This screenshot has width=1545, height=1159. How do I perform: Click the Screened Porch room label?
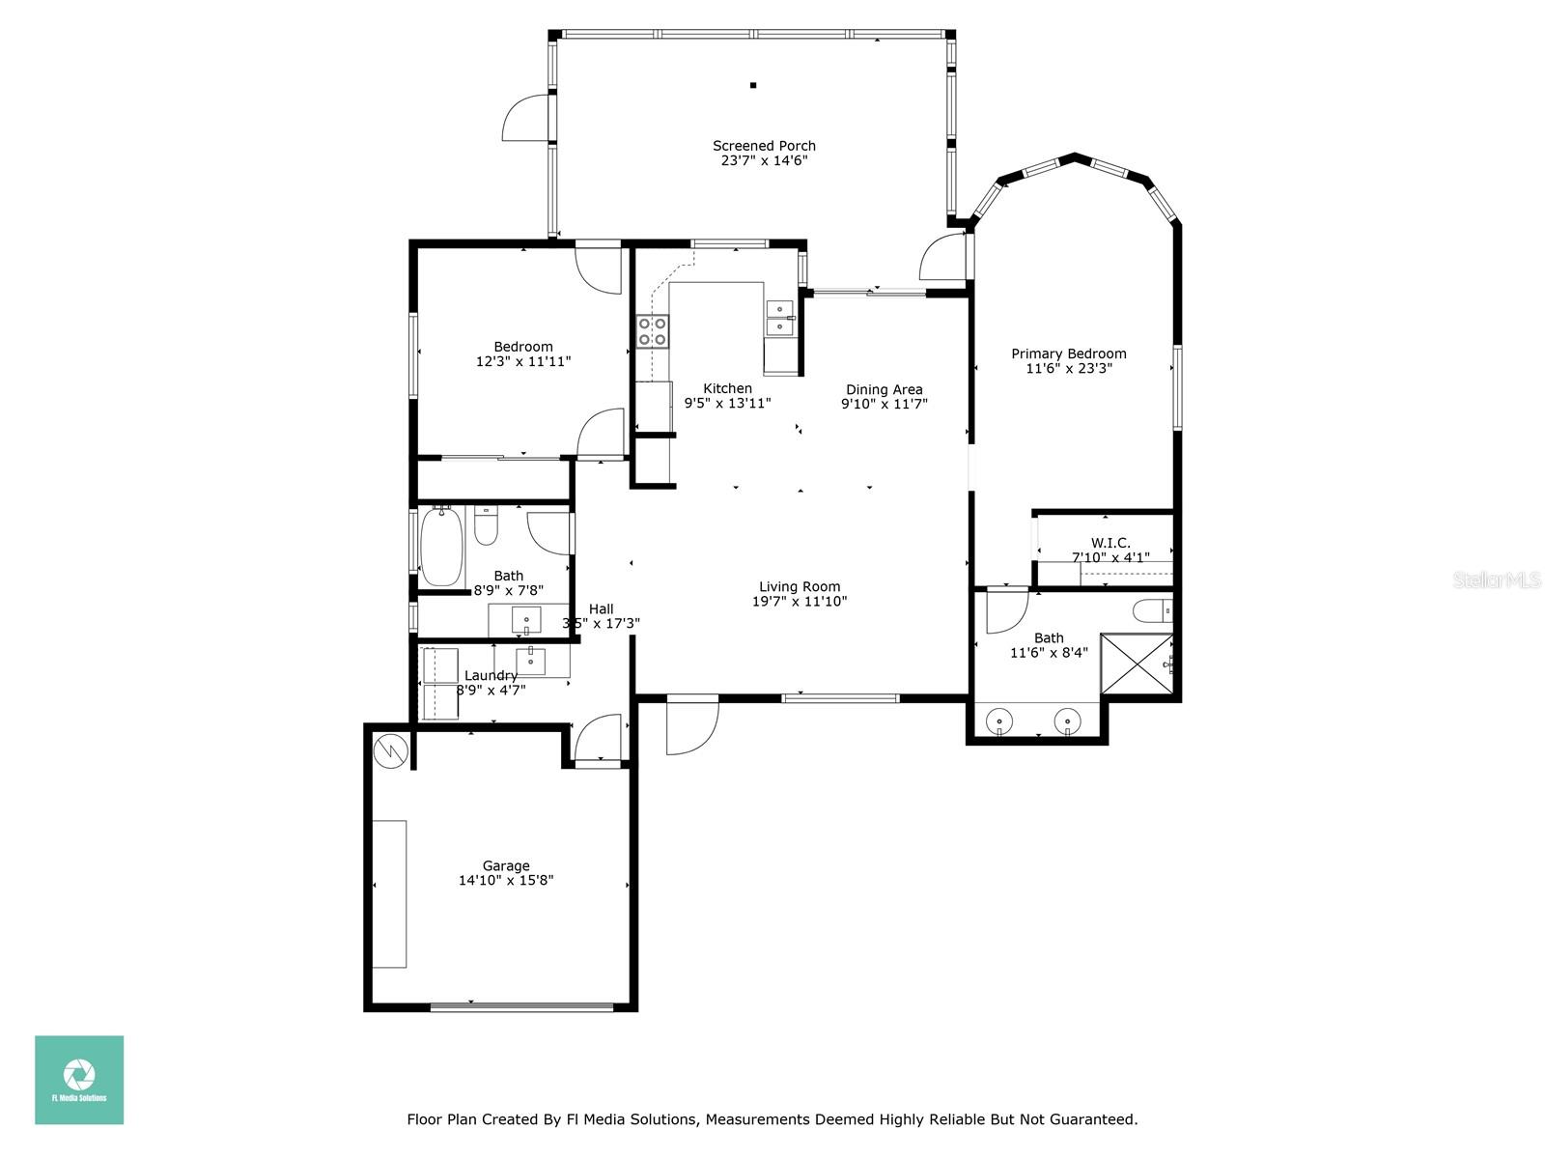coord(764,146)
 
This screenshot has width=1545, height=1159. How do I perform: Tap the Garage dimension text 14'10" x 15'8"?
coord(506,880)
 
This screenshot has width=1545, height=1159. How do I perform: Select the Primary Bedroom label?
coord(1069,353)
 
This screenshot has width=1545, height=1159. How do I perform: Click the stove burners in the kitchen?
coord(653,331)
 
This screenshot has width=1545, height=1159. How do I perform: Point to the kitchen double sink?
coord(780,319)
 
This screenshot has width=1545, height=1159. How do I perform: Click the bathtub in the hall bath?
coord(441,546)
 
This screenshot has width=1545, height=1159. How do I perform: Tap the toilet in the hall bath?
coord(486,525)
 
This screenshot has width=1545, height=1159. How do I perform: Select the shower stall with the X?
coord(1136,664)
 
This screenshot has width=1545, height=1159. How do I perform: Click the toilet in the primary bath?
coord(1153,610)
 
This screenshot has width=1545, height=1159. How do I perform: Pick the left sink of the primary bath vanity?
coord(998,721)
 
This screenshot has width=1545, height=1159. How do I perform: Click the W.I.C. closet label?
coord(1110,543)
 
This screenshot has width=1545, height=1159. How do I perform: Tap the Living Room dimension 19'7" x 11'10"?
coord(800,601)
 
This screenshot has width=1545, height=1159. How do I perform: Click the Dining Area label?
coord(885,389)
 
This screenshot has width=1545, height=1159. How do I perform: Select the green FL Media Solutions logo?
coord(79,1080)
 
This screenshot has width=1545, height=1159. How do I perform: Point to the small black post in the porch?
coord(753,85)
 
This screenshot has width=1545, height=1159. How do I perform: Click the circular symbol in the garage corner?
coord(391,750)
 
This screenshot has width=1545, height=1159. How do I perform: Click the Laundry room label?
coord(491,675)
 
